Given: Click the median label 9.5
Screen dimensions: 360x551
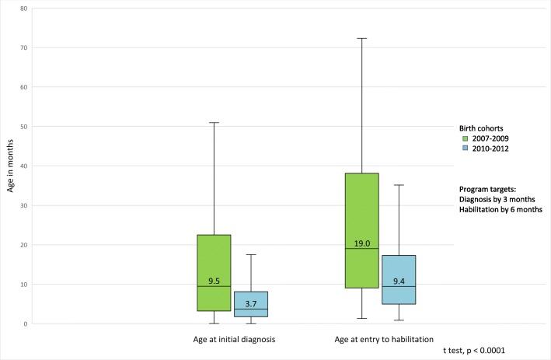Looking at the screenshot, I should click(x=214, y=281).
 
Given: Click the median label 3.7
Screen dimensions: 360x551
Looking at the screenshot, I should click(x=251, y=303).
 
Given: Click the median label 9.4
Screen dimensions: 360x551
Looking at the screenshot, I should click(x=398, y=281).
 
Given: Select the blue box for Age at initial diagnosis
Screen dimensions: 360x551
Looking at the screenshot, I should click(x=251, y=298).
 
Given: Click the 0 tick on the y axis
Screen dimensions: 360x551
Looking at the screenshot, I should click(x=26, y=324).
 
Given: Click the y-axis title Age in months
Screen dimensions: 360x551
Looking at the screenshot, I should click(x=9, y=166).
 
